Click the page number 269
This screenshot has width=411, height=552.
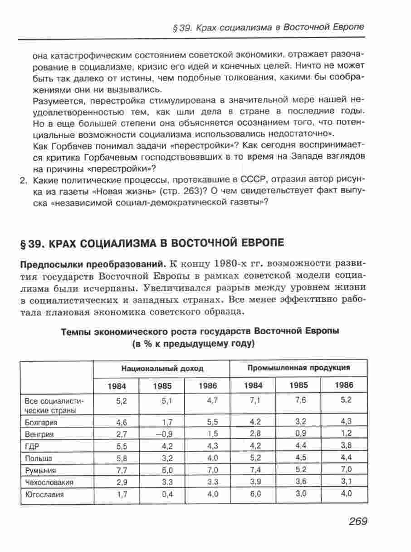pos(358,521)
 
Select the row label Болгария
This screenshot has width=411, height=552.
pos(39,423)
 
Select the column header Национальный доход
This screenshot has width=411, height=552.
pos(162,368)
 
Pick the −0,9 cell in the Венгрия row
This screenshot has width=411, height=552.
pos(164,434)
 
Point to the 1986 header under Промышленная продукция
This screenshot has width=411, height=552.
pos(344,385)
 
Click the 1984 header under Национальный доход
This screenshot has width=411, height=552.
pos(117,386)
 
